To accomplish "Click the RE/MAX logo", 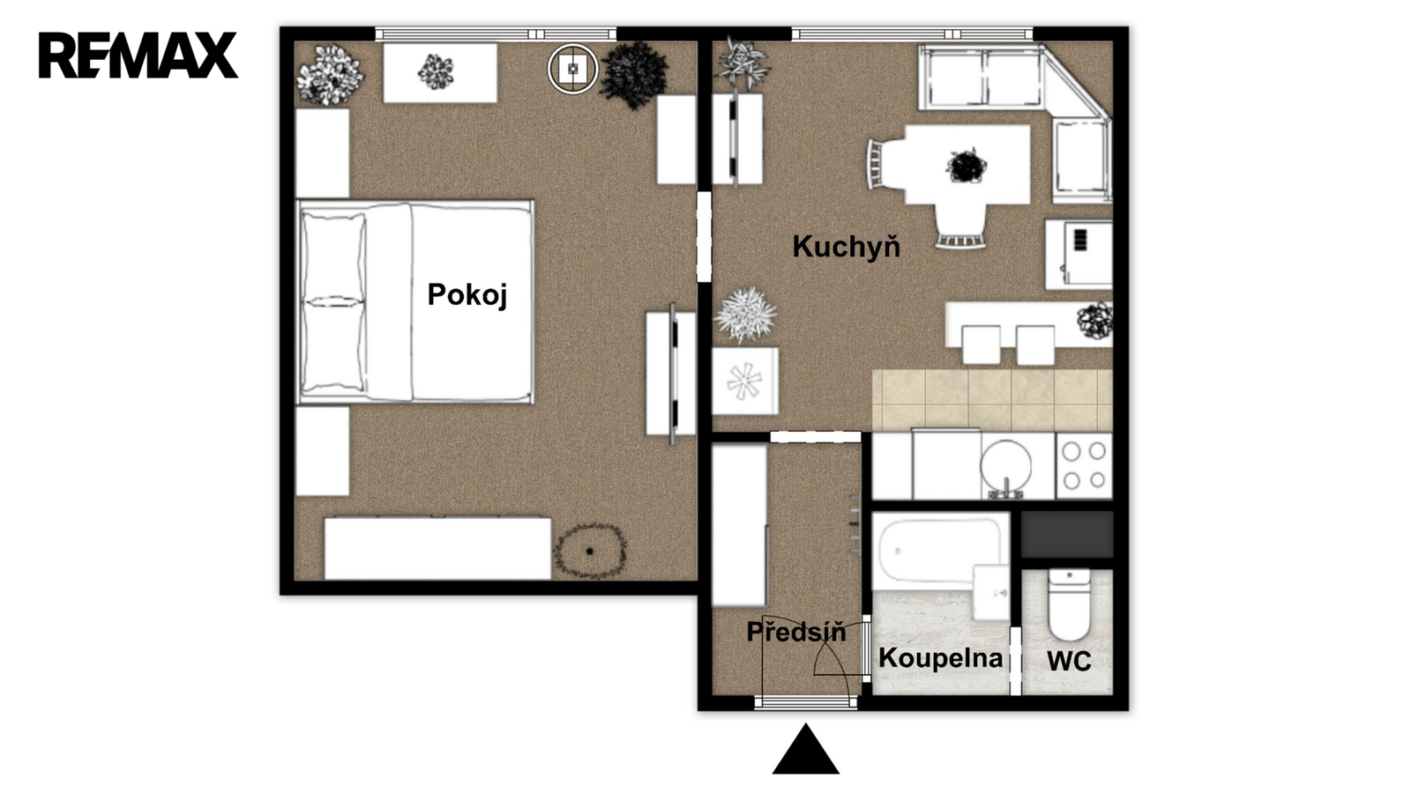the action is (x=138, y=55).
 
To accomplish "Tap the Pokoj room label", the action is (x=467, y=294).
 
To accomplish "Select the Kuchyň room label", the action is (x=846, y=246).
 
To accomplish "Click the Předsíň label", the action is (x=795, y=631).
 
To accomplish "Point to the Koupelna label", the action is (x=940, y=657).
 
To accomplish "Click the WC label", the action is (x=1069, y=661).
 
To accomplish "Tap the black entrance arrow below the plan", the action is (x=806, y=749).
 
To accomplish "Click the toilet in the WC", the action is (x=1069, y=604).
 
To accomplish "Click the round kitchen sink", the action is (x=1006, y=466).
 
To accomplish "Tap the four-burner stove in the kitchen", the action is (x=1084, y=466).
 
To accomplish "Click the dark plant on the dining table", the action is (x=966, y=167).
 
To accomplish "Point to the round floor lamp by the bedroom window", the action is (x=572, y=69).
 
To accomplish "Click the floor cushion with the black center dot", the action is (x=590, y=551).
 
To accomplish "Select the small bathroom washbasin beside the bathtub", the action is (x=991, y=592).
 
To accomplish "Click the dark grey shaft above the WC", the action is (x=1067, y=534).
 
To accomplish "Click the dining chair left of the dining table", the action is (x=885, y=164).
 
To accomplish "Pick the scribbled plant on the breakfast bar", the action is (x=1094, y=321).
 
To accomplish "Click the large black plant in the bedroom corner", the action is (x=634, y=75).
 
